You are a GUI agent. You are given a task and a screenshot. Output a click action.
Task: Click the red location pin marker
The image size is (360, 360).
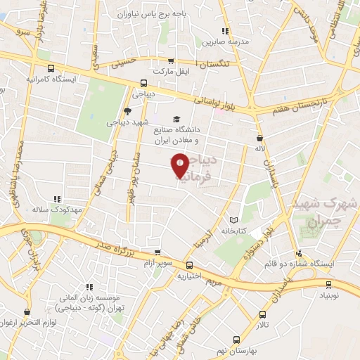pos(180,165)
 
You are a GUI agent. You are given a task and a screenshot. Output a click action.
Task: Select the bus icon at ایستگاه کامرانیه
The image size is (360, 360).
pos(50,69)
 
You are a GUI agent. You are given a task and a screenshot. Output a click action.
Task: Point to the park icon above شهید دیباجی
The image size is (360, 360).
pos(127,111)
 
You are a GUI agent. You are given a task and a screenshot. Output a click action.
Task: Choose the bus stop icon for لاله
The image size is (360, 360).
pos(260,139)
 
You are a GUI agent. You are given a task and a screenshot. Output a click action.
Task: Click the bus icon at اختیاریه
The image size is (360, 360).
pos(190,265)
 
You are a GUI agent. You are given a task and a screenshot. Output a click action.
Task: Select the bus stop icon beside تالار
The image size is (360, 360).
pos(262,315)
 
